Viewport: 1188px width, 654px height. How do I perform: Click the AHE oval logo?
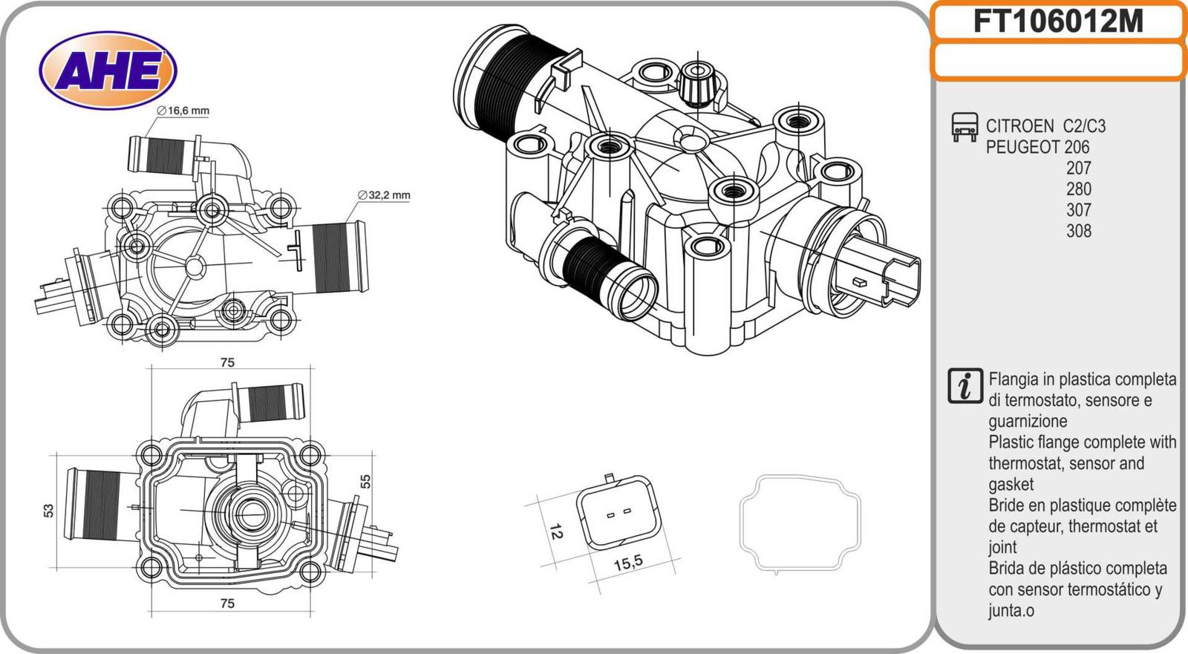click(x=108, y=71)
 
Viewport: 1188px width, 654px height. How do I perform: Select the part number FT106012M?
click(x=1057, y=22)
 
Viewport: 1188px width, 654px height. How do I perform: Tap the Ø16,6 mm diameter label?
click(x=183, y=111)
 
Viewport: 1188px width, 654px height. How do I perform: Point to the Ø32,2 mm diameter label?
click(x=384, y=195)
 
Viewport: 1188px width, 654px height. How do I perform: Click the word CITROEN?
click(x=1019, y=126)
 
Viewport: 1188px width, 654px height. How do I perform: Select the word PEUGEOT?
click(x=1022, y=147)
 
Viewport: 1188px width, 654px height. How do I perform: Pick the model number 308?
click(x=1078, y=231)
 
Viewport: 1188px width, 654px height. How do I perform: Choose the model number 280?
click(x=1078, y=189)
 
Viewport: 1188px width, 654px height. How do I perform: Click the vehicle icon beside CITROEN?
click(x=965, y=127)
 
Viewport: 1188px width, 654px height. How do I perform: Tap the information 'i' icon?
click(x=965, y=386)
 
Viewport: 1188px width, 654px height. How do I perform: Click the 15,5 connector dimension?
click(x=628, y=563)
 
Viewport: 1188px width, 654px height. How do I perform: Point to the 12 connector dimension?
click(x=555, y=532)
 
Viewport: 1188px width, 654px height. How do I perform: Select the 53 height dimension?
click(x=49, y=511)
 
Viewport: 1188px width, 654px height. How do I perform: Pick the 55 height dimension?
click(x=365, y=481)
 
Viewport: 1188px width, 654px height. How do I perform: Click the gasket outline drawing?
click(x=800, y=524)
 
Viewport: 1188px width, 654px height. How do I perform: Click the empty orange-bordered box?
click(x=1057, y=61)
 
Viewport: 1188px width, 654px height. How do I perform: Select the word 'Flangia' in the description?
click(x=1013, y=379)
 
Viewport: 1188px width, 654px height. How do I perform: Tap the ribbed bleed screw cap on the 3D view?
click(x=696, y=82)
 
